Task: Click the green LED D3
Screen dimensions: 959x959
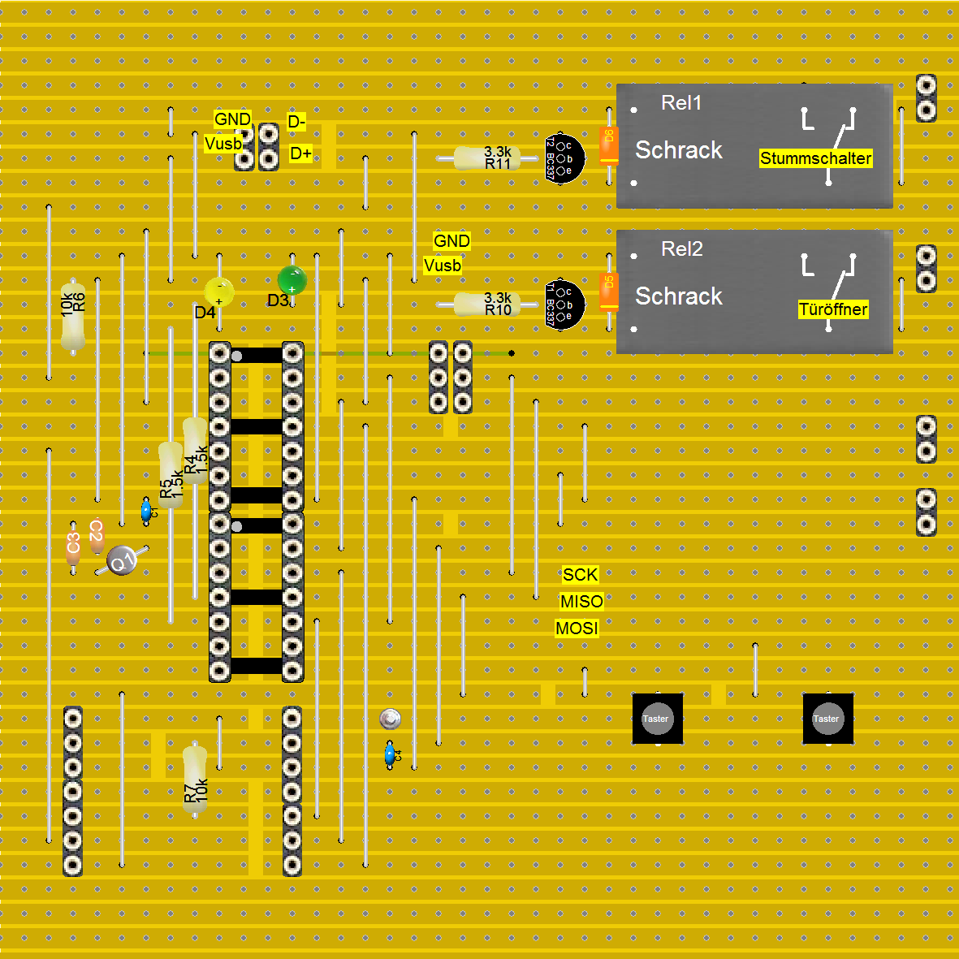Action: tap(292, 281)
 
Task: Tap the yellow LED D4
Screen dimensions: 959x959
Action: tap(219, 292)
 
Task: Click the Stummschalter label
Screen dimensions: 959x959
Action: tap(815, 158)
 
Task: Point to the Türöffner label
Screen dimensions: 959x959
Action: tap(832, 309)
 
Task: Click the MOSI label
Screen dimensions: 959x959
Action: tap(577, 629)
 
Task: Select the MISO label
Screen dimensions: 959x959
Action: tap(581, 602)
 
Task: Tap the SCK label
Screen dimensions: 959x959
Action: tap(580, 575)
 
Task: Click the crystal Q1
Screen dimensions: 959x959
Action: tap(122, 560)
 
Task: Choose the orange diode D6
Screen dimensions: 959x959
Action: tap(608, 146)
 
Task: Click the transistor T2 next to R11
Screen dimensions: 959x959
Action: tap(564, 158)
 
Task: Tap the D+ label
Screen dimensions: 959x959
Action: tap(300, 153)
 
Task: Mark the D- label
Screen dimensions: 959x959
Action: tap(296, 123)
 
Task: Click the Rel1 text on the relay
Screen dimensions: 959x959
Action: tap(680, 103)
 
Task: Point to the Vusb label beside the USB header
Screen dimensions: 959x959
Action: tap(223, 144)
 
